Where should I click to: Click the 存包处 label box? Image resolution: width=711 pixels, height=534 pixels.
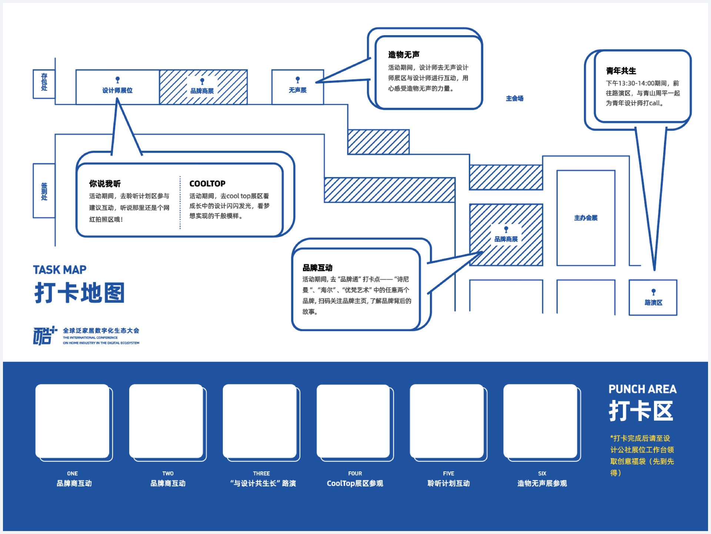44,84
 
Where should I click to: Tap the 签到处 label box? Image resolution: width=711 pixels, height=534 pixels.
44,191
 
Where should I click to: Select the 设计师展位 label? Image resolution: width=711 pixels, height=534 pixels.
117,90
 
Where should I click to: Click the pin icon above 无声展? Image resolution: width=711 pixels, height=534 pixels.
298,80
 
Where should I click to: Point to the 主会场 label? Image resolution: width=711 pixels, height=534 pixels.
515,99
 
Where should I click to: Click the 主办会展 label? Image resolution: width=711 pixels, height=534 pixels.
586,218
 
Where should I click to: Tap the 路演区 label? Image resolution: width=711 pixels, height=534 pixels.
653,303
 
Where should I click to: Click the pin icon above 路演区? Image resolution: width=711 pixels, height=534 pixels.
654,292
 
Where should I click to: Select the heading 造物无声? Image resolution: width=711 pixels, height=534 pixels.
404,55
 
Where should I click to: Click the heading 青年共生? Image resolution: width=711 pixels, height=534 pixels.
621,71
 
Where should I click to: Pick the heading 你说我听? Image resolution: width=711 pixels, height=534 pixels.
105,184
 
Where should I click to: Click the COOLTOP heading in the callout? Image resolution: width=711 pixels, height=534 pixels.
207,184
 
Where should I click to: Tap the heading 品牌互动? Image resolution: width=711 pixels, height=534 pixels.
317,268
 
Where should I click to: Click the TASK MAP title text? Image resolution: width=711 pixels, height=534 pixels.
60,270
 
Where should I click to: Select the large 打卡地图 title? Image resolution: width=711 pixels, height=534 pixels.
80,293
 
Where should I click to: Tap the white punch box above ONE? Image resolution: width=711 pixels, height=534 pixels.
73,421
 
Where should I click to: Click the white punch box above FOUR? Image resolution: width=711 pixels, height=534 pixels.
354,421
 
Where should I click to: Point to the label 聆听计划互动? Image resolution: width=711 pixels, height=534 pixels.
448,483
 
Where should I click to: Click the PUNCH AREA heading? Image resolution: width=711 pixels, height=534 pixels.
642,389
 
